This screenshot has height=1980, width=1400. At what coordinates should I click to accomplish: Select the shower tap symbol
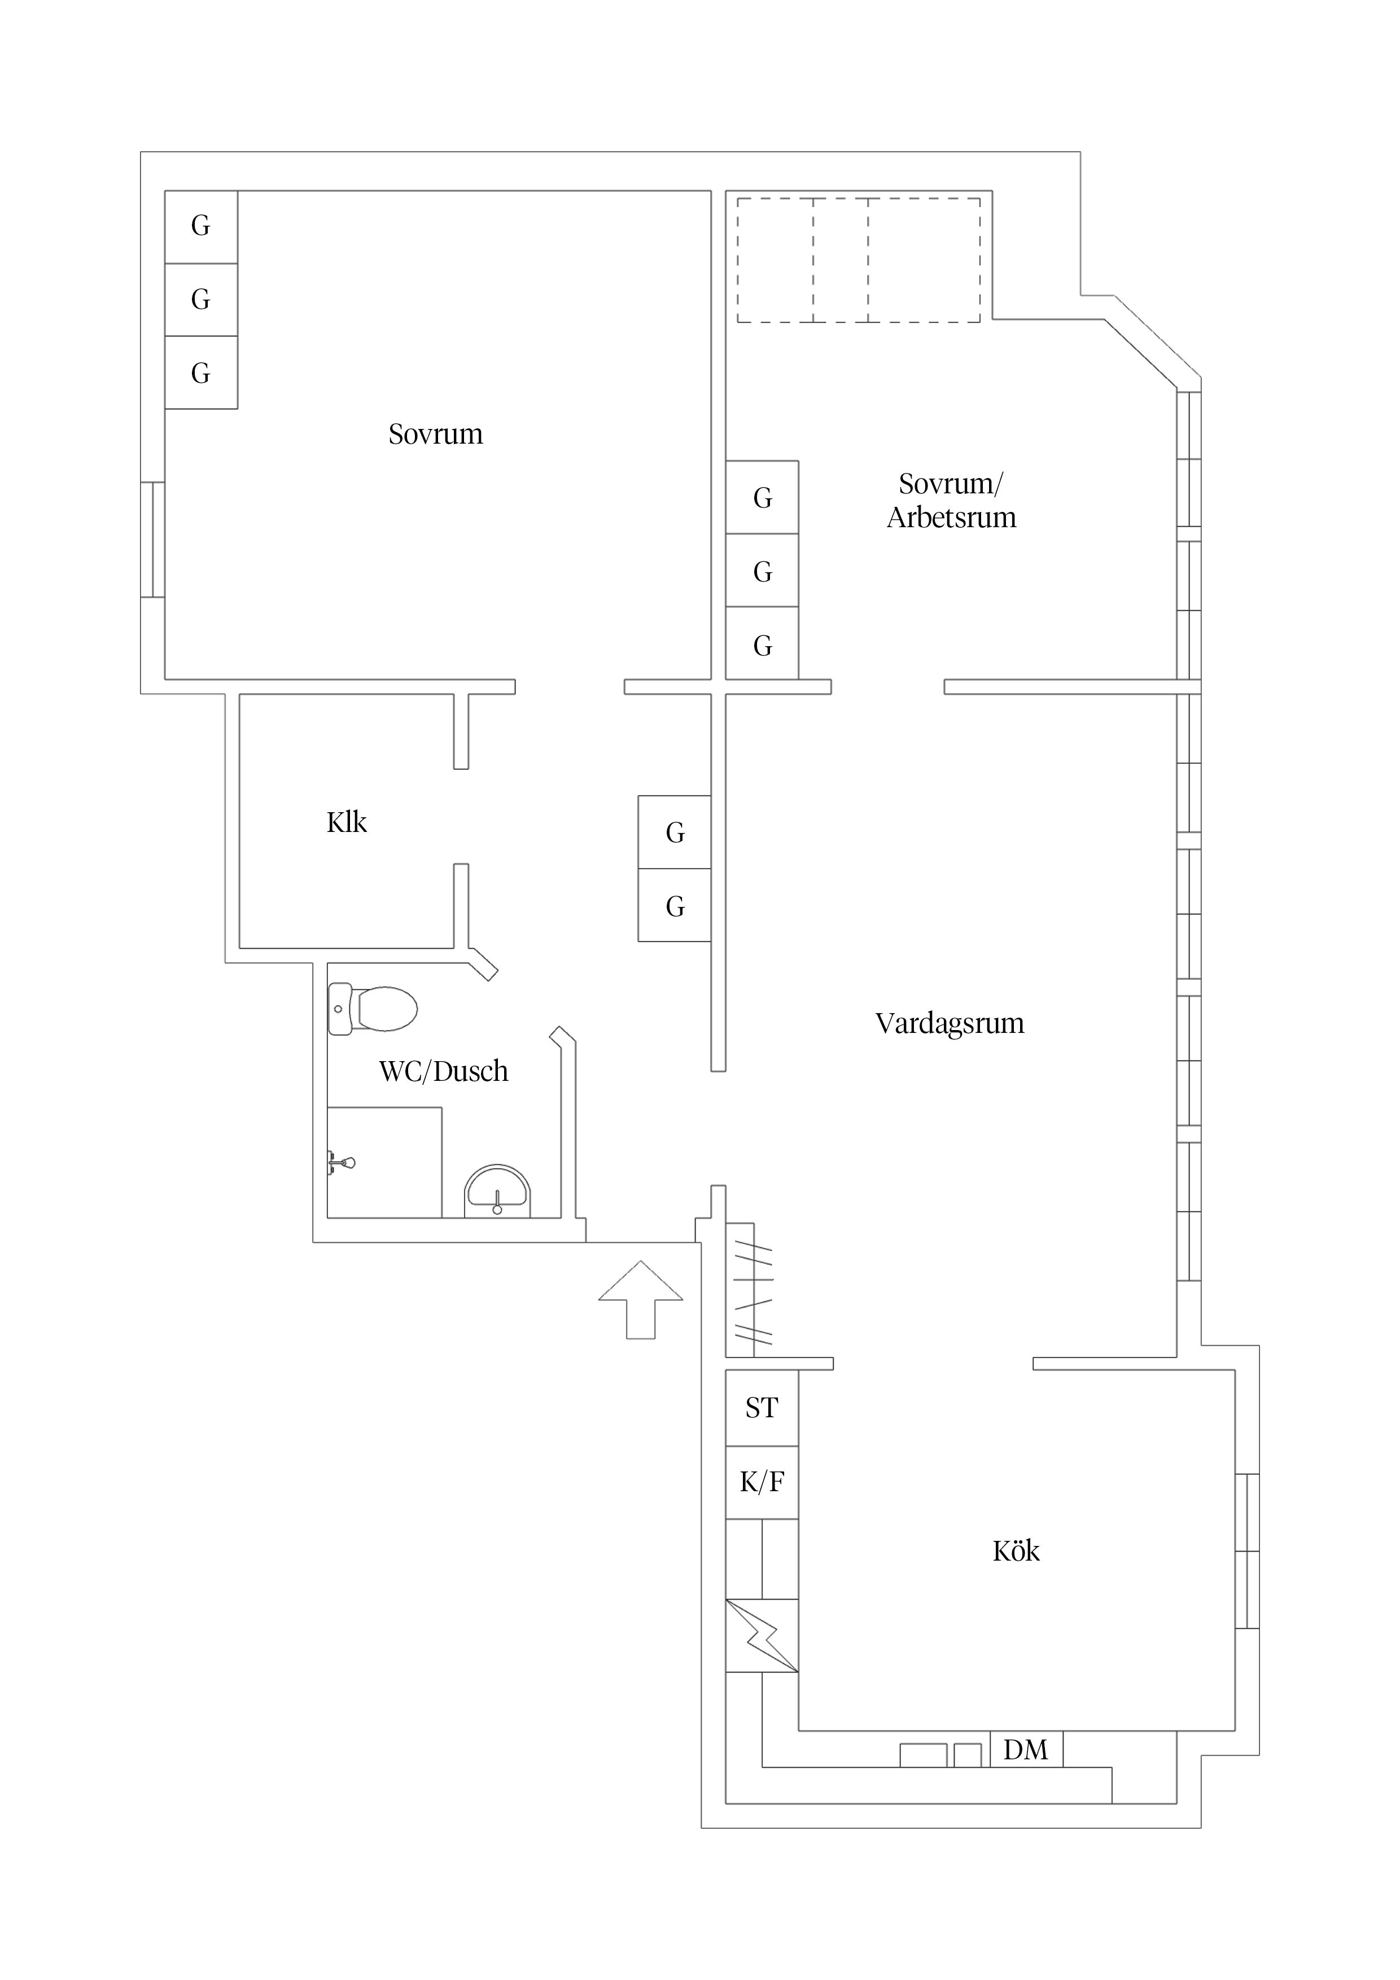pos(343,1163)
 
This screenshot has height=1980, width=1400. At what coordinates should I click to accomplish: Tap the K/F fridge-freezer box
pos(762,1482)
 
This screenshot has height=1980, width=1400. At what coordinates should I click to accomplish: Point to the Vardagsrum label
pos(949,1024)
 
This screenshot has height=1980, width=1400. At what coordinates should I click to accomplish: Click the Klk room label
pos(346,823)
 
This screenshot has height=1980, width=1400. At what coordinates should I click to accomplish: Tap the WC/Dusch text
pos(443,1071)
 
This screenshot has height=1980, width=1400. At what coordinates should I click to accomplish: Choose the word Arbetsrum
pos(951,518)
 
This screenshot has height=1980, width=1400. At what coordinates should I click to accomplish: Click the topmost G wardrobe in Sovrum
pos(200,226)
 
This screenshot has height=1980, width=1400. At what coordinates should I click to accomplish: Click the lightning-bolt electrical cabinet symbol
pos(761,1636)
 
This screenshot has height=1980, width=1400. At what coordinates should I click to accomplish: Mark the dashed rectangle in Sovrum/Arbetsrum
pos(858,260)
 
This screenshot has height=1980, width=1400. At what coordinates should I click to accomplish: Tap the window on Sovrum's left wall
pos(152,539)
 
